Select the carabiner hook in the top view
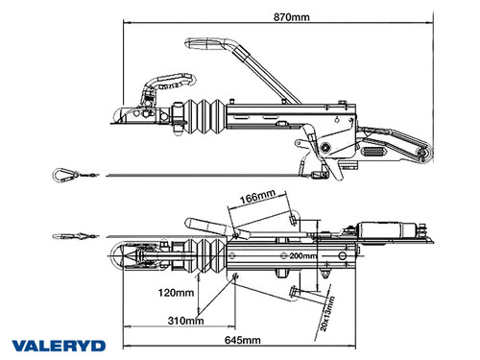pyautogui.click(x=68, y=233)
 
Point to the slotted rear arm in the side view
pyautogui.click(x=394, y=150)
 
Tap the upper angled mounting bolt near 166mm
pyautogui.click(x=291, y=220)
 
